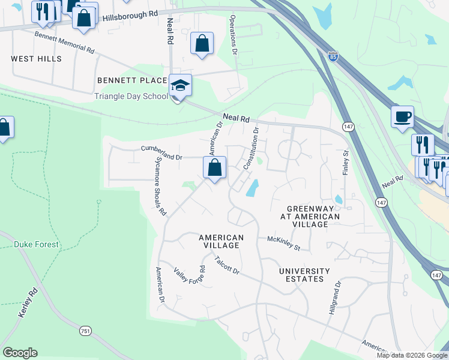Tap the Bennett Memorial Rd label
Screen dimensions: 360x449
coord(65,43)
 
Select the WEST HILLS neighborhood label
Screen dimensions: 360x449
coord(36,59)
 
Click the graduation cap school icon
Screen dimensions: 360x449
coord(179,86)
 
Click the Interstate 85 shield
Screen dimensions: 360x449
coord(333,56)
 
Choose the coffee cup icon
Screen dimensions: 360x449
coord(402,116)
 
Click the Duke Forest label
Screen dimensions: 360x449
coord(37,244)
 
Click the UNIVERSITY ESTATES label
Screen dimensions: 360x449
coord(304,275)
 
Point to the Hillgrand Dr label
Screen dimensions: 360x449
coord(334,299)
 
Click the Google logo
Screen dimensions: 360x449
coord(20,353)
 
